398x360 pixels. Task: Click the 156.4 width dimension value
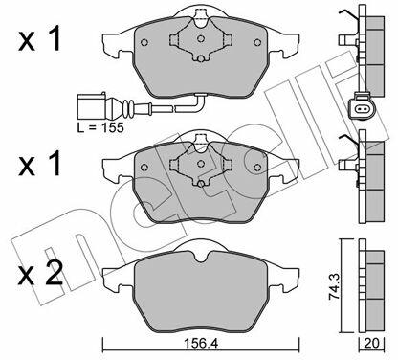point(201,344)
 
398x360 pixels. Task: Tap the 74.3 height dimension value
point(335,286)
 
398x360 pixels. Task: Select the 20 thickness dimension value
point(371,344)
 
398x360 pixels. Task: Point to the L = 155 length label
point(100,127)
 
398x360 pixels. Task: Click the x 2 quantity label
point(40,274)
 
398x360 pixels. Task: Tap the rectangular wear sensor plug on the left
point(91,105)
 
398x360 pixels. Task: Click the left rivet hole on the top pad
point(144,42)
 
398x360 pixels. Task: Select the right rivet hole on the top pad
point(257,42)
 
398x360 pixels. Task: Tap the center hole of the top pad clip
point(201,39)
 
